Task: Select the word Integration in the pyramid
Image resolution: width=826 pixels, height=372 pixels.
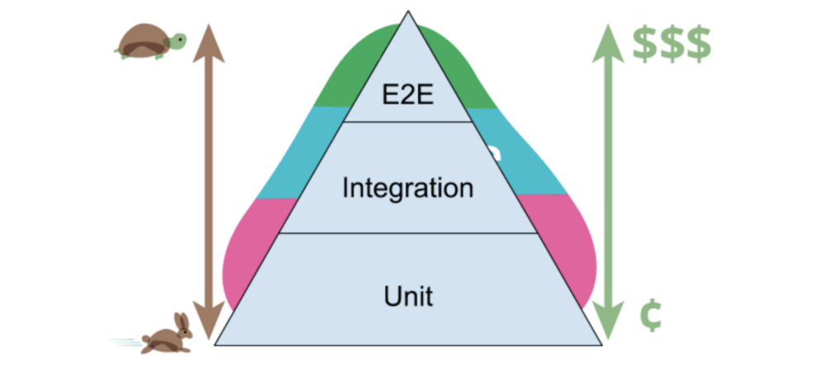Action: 408,187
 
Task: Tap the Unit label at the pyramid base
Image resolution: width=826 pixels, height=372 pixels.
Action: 408,295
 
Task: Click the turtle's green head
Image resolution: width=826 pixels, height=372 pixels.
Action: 178,39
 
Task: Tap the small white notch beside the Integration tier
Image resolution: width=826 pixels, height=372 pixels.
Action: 493,153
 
